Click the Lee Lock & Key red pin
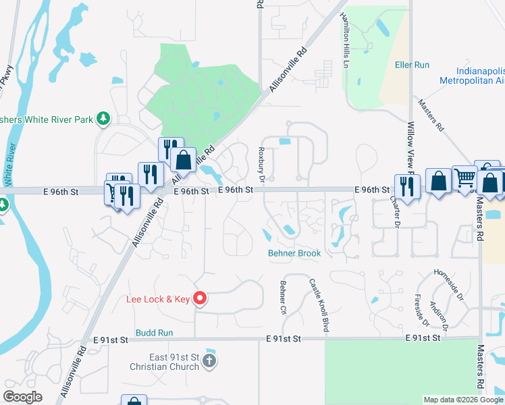[199, 298]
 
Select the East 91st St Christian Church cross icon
[209, 361]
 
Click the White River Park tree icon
[103, 119]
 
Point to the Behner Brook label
[294, 253]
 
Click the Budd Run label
[155, 333]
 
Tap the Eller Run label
[412, 65]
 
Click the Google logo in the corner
[23, 397]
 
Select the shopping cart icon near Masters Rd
[464, 178]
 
